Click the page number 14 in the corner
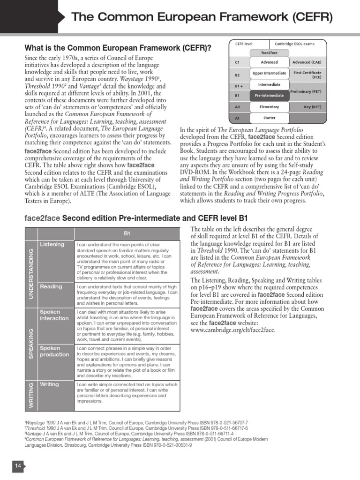coord(18,465)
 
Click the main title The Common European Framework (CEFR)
coord(202,18)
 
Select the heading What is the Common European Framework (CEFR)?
coord(118,48)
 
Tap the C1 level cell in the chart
coord(237,62)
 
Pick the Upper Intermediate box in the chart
coord(269,74)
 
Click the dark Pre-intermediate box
coord(269,96)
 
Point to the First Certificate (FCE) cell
coord(307,75)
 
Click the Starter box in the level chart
coord(269,118)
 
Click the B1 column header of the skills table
coord(127,233)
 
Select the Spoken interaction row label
coord(53,315)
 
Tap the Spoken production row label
coord(54,352)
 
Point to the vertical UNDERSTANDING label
coord(31,273)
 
